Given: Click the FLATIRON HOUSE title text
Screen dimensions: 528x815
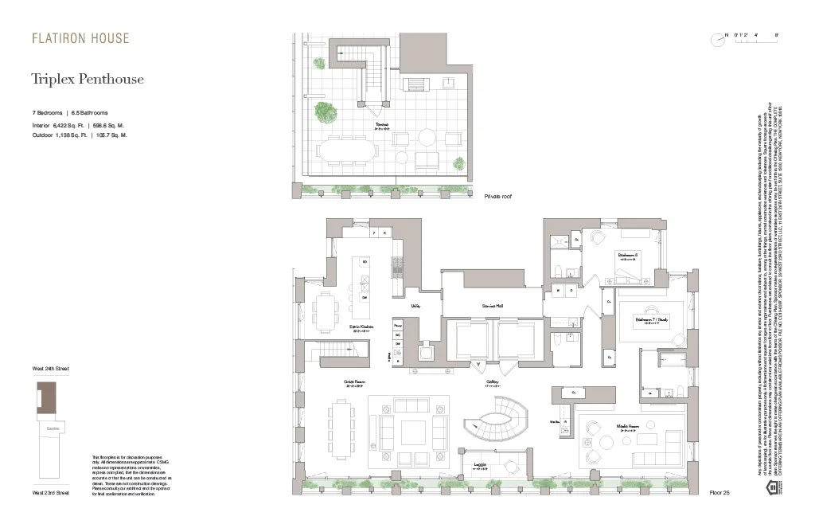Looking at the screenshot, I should pyautogui.click(x=80, y=38).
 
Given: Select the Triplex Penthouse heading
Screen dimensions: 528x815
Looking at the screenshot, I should pyautogui.click(x=88, y=79).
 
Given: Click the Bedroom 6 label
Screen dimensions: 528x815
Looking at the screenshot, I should pyautogui.click(x=630, y=255).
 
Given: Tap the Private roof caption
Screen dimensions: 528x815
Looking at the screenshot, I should pyautogui.click(x=497, y=195).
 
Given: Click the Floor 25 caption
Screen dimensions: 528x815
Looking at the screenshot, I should pyautogui.click(x=719, y=493).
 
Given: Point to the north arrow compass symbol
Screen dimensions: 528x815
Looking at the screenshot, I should pyautogui.click(x=720, y=42).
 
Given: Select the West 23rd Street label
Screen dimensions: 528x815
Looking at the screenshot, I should pyautogui.click(x=51, y=493).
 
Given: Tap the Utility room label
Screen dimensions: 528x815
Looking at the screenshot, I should pyautogui.click(x=415, y=304).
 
